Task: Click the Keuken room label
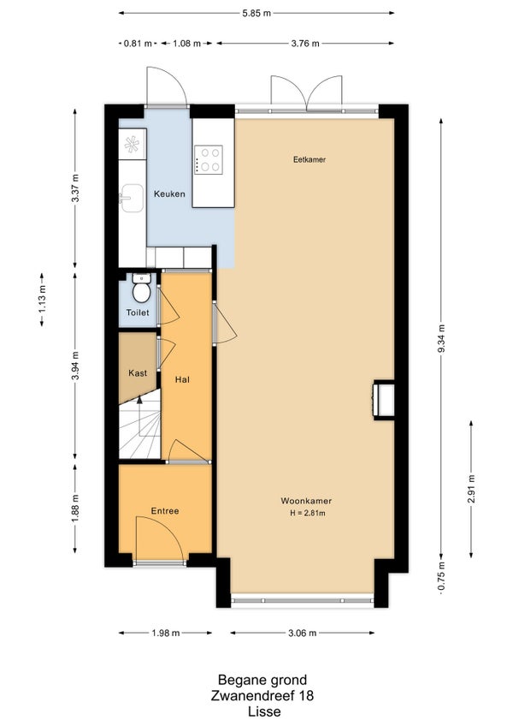[x=169, y=194]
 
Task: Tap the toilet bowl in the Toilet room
[x=140, y=288]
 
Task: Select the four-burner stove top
[x=208, y=159]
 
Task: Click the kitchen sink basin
[x=133, y=198]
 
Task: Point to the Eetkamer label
[x=310, y=160]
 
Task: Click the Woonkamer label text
[x=306, y=501]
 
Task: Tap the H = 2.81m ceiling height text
[x=308, y=513]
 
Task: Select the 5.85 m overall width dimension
[x=256, y=13]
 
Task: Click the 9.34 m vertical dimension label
[x=441, y=338]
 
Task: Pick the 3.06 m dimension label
[x=303, y=633]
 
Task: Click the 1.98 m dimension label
[x=166, y=633]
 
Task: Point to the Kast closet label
[x=138, y=372]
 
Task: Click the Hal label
[x=182, y=380]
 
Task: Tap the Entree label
[x=165, y=511]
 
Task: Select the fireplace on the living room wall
[x=384, y=400]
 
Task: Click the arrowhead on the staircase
[x=139, y=400]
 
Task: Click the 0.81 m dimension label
[x=138, y=44]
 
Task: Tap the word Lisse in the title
[x=264, y=711]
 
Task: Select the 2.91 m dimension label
[x=471, y=489]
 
